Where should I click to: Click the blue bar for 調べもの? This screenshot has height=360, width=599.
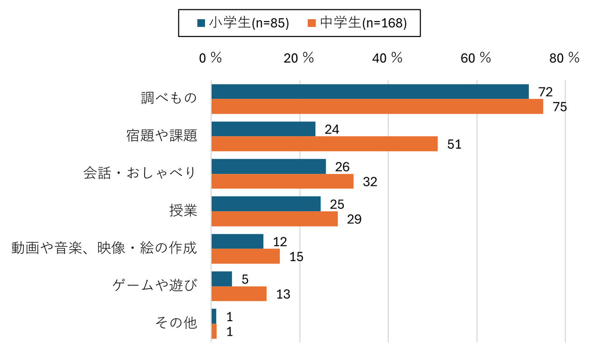pyautogui.click(x=370, y=92)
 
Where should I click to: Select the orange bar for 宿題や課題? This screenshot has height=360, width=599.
pyautogui.click(x=324, y=144)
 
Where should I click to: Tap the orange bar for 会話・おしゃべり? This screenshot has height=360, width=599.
pyautogui.click(x=282, y=182)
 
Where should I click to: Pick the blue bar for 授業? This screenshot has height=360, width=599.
pyautogui.click(x=266, y=204)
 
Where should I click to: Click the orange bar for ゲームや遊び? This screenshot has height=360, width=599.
pyautogui.click(x=239, y=294)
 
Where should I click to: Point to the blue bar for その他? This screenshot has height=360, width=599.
pyautogui.click(x=214, y=316)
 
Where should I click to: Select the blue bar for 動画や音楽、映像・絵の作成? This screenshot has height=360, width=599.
pyautogui.click(x=237, y=242)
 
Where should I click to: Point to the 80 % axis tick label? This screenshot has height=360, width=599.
pyautogui.click(x=564, y=58)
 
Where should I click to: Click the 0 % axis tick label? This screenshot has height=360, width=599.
pyautogui.click(x=210, y=58)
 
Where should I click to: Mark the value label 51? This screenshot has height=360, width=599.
pyautogui.click(x=454, y=145)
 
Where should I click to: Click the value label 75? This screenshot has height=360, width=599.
pyautogui.click(x=559, y=107)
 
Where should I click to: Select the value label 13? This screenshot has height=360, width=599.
pyautogui.click(x=283, y=294)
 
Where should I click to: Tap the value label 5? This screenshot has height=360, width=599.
pyautogui.click(x=245, y=279)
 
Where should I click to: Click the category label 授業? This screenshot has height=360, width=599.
pyautogui.click(x=183, y=211)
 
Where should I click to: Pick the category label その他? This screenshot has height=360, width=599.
pyautogui.click(x=176, y=323)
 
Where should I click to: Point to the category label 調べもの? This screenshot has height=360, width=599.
pyautogui.click(x=169, y=99)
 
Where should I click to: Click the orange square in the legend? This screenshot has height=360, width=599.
pyautogui.click(x=312, y=23)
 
